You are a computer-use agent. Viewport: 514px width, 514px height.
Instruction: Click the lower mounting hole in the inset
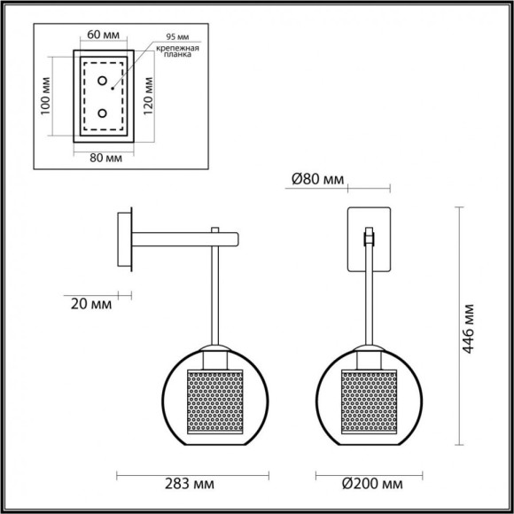(103, 113)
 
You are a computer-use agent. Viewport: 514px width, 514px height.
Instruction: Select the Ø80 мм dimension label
(318, 181)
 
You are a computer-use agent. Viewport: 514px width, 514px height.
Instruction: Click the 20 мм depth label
(89, 304)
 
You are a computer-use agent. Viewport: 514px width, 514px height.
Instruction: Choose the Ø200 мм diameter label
(367, 483)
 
